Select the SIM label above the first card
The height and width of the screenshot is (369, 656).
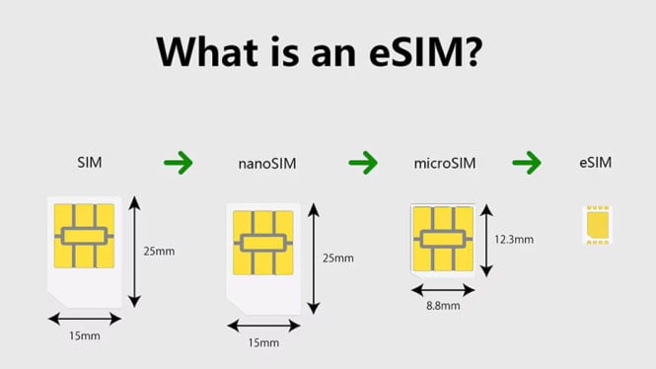click(89, 160)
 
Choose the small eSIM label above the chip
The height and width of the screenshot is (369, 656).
click(596, 160)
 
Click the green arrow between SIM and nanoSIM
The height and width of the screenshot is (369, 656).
click(178, 161)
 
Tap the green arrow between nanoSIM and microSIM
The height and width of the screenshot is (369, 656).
click(362, 161)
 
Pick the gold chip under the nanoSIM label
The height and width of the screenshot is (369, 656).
click(262, 243)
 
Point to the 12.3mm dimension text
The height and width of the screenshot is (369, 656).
click(515, 240)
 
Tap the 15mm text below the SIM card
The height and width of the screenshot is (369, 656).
click(85, 336)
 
